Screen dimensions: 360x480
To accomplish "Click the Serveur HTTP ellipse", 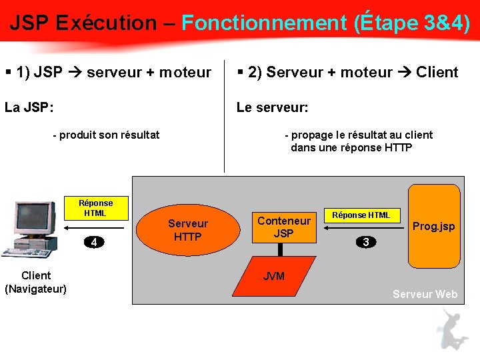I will (187, 230).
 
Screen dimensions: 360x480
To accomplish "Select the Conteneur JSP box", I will (284, 227).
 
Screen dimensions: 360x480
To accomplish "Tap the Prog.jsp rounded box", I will (434, 226).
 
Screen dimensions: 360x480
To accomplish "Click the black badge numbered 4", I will (95, 242).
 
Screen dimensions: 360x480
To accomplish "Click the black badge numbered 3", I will (365, 242).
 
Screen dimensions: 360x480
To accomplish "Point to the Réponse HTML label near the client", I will (95, 208).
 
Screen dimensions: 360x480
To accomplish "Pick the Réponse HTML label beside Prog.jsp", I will (361, 215).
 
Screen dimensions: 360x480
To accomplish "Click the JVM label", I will (274, 276).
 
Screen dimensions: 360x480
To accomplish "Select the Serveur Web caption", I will (425, 294).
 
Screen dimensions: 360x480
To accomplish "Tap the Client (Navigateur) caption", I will (35, 282).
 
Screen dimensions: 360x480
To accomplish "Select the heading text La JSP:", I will (29, 107).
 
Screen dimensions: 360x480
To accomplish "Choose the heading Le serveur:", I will (273, 107).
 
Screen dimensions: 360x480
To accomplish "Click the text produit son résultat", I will (109, 135).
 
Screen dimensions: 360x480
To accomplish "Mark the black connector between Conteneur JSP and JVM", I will (281, 249).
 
